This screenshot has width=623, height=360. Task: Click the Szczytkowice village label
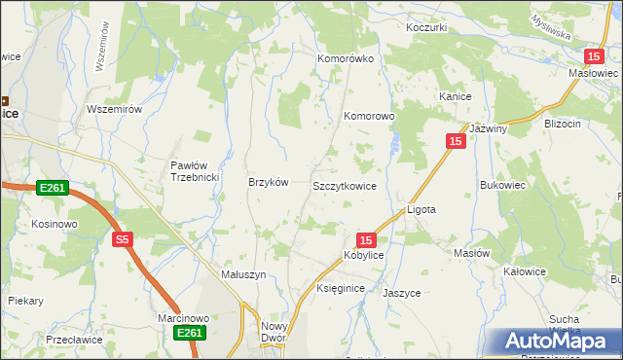[344, 185]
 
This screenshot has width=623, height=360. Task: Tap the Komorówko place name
[346, 58]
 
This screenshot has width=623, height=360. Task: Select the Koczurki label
[427, 27]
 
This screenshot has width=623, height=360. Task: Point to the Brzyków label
[269, 183]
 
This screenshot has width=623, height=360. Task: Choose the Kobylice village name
[363, 255]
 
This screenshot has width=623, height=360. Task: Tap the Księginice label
[340, 289]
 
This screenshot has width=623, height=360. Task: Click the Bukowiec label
[502, 183]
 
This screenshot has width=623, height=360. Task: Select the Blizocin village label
[563, 124]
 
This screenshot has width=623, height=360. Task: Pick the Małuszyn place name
[243, 275]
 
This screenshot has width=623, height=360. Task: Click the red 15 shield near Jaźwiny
[456, 141]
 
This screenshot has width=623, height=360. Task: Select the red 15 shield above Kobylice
[365, 239]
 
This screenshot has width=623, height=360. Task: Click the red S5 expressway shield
[121, 239]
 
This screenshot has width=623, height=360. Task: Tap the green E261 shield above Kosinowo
[53, 187]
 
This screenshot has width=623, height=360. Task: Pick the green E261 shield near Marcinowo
[190, 334]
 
